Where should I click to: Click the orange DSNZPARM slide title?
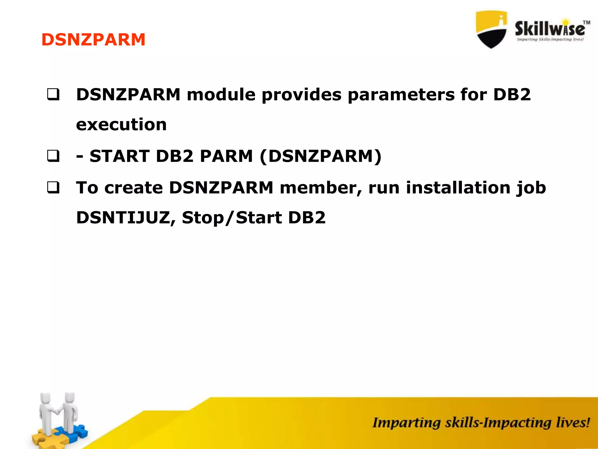click(93, 40)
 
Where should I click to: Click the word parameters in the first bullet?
click(401, 95)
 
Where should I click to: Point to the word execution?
click(121, 125)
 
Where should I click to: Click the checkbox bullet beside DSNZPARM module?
click(53, 95)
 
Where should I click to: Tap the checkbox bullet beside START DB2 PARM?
click(53, 156)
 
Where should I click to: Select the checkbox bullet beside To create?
click(53, 188)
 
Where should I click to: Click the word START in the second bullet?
click(119, 156)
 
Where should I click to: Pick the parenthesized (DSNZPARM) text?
click(320, 157)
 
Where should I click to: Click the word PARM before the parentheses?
click(226, 156)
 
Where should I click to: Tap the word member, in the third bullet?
click(321, 188)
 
